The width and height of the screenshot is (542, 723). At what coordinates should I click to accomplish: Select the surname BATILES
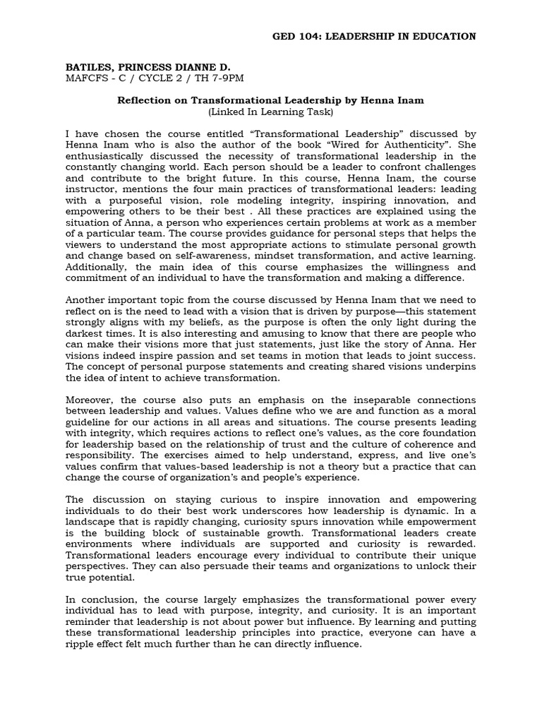click(x=89, y=67)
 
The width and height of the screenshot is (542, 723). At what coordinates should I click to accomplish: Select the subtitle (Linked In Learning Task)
click(x=270, y=112)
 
